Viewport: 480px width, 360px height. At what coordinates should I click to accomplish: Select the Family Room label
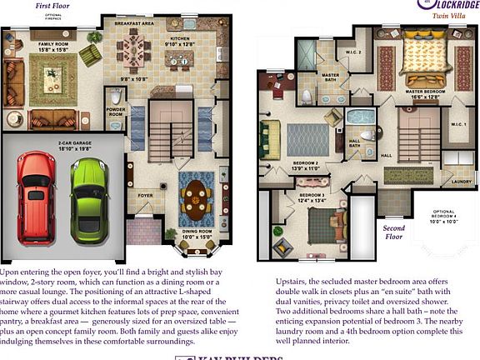[x=54, y=46]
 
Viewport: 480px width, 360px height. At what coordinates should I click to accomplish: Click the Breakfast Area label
[x=133, y=23]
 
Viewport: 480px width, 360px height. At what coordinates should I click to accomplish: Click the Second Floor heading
[x=394, y=232]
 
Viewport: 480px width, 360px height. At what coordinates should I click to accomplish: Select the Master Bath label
[x=331, y=76]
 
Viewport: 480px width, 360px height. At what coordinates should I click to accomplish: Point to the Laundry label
[x=460, y=180]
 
